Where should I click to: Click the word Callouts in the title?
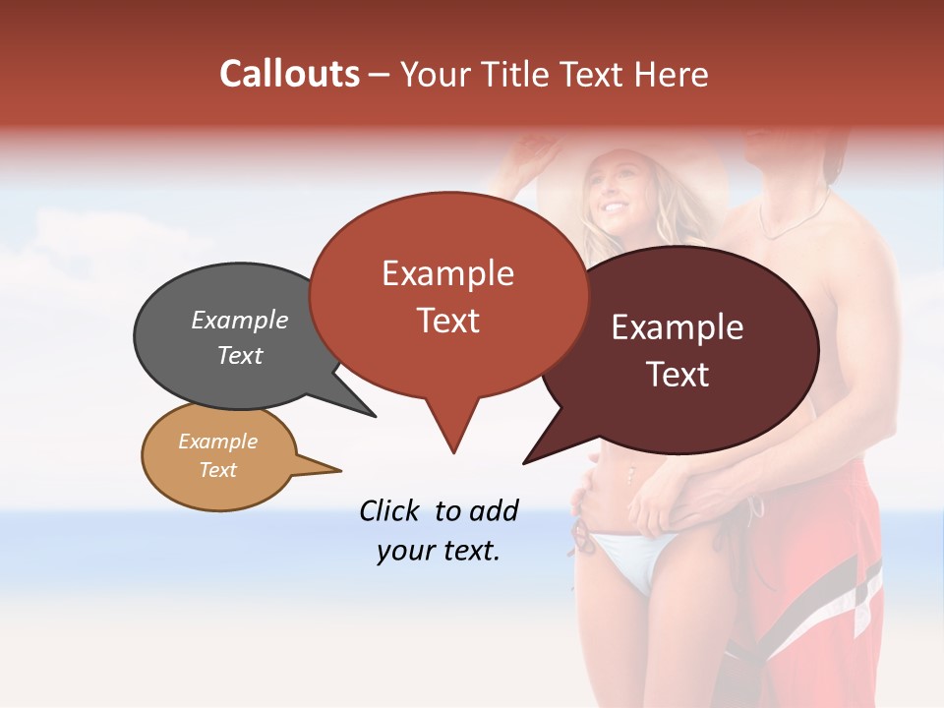[x=289, y=74]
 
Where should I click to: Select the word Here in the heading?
[x=672, y=75]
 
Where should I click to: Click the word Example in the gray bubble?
[x=240, y=321]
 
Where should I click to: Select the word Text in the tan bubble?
[x=218, y=470]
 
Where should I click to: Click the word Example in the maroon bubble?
[x=678, y=327]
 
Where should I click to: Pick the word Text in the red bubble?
[x=448, y=321]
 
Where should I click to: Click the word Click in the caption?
[x=389, y=510]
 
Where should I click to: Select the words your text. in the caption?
[x=438, y=552]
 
